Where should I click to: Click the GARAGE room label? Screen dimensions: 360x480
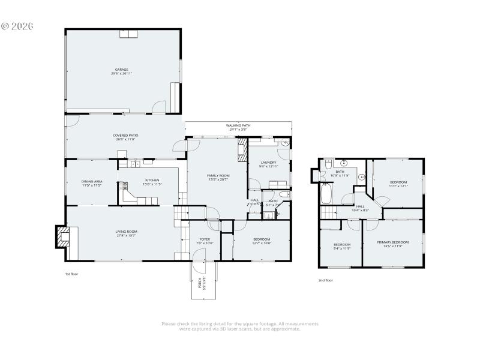pyautogui.click(x=122, y=70)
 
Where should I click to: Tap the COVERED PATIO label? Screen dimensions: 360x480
pyautogui.click(x=125, y=135)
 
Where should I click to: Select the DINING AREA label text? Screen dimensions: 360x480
pyautogui.click(x=92, y=181)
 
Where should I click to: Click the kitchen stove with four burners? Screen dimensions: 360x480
pyautogui.click(x=126, y=185)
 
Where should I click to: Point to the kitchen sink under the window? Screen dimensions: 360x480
pyautogui.click(x=136, y=164)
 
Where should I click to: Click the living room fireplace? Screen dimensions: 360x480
pyautogui.click(x=62, y=237)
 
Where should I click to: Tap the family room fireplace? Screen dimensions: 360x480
pyautogui.click(x=242, y=151)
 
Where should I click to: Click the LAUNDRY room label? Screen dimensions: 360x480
pyautogui.click(x=268, y=163)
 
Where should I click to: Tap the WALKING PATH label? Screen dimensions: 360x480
pyautogui.click(x=238, y=125)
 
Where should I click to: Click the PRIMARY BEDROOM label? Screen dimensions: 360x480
pyautogui.click(x=393, y=242)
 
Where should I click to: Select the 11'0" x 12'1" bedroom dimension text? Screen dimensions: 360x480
pyautogui.click(x=398, y=186)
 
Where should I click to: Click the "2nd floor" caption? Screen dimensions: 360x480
pyautogui.click(x=325, y=280)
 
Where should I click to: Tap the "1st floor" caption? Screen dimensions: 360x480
pyautogui.click(x=72, y=274)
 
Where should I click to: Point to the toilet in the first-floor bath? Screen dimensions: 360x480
pyautogui.click(x=284, y=195)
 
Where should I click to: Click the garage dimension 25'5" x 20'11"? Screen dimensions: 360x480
pyautogui.click(x=122, y=73)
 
